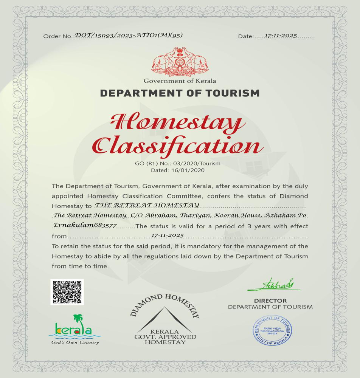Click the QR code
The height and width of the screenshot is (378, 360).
pos(67,292)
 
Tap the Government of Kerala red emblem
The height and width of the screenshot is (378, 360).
pos(180,62)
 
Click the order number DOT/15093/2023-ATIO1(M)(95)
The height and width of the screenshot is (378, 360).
pos(129,35)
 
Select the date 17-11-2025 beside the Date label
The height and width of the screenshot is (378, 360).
pos(281,36)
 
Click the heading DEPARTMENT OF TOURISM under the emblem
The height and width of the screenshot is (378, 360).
pos(180,93)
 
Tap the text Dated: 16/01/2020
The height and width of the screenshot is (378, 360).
pos(178,170)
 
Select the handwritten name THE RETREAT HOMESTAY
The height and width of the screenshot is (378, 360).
pos(147,205)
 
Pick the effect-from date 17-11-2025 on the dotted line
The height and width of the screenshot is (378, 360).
pos(167,235)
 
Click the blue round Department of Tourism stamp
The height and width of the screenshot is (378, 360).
pos(272,330)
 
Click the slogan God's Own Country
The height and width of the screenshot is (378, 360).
pos(75,342)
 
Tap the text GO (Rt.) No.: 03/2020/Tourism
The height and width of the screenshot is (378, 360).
pos(178,164)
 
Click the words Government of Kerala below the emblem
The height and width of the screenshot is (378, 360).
pos(180,81)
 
